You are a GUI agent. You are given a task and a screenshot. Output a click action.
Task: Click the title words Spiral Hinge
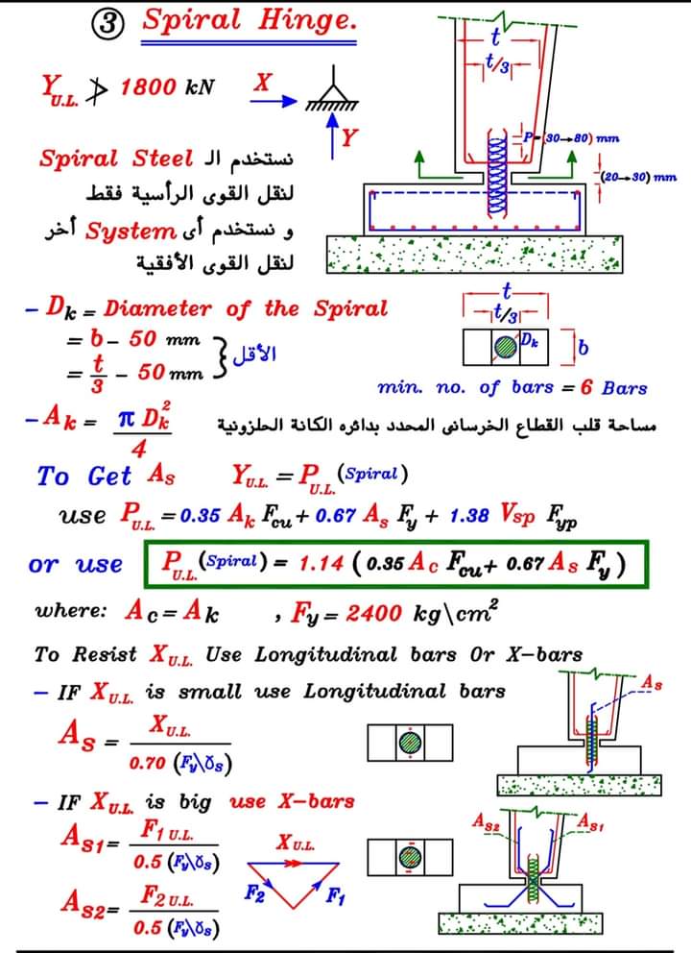[248, 19]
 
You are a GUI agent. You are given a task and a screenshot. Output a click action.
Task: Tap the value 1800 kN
[167, 87]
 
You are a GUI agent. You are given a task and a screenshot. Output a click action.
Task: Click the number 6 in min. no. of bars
[584, 388]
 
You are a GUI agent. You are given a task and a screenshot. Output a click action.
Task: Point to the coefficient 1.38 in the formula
[470, 516]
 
